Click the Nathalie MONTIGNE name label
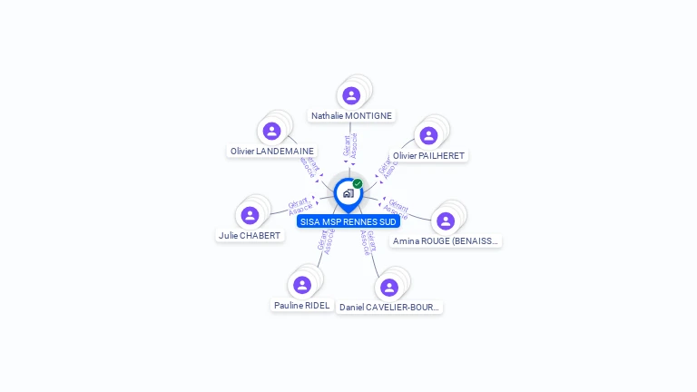[x=351, y=116]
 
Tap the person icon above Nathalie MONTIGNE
[x=351, y=95]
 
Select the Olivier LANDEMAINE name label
[x=272, y=152]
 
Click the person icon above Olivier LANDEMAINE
[x=271, y=131]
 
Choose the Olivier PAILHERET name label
[x=429, y=156]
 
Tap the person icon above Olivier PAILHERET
[x=428, y=135]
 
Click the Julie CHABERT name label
[x=250, y=236]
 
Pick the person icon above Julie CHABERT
[x=250, y=215]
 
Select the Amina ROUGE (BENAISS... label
[x=446, y=241]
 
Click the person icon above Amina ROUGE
[x=445, y=220]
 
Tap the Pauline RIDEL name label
[x=302, y=306]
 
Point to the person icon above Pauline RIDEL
[x=302, y=285]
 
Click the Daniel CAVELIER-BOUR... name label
[x=389, y=308]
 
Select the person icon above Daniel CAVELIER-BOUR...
[x=389, y=287]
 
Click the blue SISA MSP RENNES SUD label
[x=348, y=221]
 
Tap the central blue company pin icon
[x=348, y=193]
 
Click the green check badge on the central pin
[x=358, y=183]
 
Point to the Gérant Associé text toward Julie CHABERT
[x=299, y=205]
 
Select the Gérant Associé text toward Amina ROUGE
[x=397, y=209]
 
